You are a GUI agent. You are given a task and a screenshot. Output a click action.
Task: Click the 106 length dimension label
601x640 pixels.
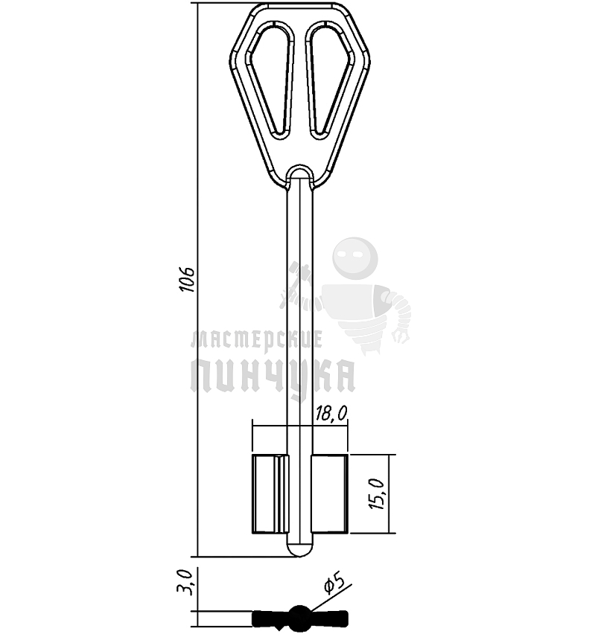point(188,280)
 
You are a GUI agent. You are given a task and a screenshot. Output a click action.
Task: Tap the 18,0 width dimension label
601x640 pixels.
point(331,414)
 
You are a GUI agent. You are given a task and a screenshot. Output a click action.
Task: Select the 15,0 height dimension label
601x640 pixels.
point(377,494)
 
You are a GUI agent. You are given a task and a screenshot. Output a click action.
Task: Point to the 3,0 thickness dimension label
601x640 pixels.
point(186,584)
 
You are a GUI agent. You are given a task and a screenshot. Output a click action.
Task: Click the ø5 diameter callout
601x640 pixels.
point(335,583)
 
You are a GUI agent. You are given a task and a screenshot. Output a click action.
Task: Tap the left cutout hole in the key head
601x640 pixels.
point(272,80)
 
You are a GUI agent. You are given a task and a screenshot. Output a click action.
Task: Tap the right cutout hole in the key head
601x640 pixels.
point(329,80)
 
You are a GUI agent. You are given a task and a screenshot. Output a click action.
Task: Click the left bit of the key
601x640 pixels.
point(270,494)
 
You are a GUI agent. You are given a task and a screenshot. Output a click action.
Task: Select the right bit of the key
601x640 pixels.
point(329,494)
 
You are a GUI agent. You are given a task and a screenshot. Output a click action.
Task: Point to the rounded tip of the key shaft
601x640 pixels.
point(300,550)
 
